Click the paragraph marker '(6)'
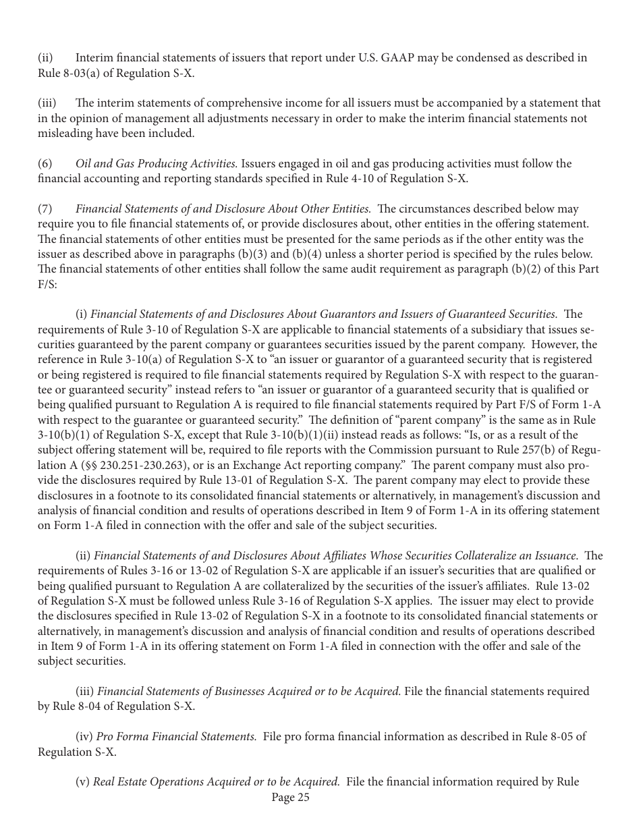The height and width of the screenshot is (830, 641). tap(44, 164)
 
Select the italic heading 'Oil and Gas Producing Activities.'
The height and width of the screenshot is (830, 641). tap(157, 164)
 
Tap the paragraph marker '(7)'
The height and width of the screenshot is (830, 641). tap(44, 209)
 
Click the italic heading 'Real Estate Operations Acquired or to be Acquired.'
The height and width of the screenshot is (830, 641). tap(216, 781)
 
